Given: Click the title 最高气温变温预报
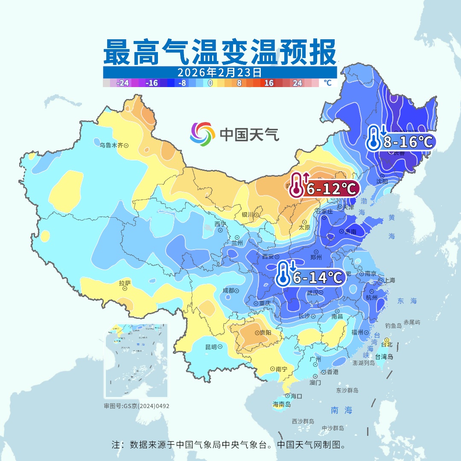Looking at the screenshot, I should click(x=219, y=52).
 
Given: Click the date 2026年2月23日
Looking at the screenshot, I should click(x=219, y=72).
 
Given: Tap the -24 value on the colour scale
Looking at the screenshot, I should click(x=123, y=83).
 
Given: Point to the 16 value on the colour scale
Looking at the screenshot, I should click(x=268, y=83).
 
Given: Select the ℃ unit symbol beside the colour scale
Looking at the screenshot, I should click(x=327, y=83).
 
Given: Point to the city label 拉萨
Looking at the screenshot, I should click(x=125, y=283).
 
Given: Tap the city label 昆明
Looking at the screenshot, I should click(x=211, y=347).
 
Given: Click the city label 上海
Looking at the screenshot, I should click(x=389, y=280).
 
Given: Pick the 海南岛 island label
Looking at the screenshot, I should click(x=281, y=404).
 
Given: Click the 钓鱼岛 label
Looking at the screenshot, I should click(x=393, y=326).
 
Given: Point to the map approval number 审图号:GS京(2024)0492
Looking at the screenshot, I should click(x=136, y=406).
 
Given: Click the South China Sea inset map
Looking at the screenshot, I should click(x=136, y=361).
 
